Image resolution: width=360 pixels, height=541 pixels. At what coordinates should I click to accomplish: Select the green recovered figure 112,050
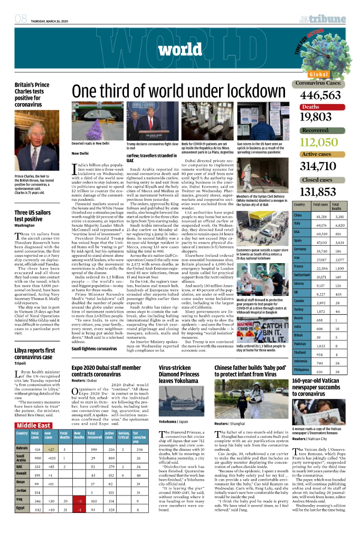[x=318, y=142]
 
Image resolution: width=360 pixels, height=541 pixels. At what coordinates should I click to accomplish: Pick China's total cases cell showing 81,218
[x=321, y=217]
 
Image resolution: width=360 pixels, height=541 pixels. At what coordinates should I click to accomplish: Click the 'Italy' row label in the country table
[x=297, y=225]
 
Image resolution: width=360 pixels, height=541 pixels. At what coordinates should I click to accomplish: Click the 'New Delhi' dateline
[x=80, y=153]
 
